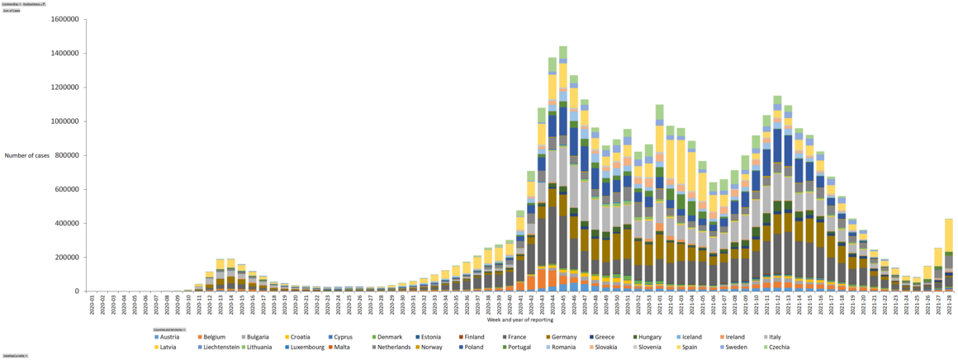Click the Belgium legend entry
[x=214, y=337]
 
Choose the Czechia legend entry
[x=775, y=347]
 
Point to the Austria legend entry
[x=169, y=337]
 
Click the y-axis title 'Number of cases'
[x=28, y=155]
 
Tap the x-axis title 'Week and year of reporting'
[x=520, y=320]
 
